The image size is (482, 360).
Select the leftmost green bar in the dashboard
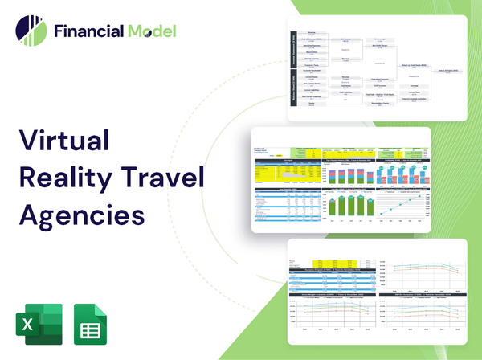(330, 207)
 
